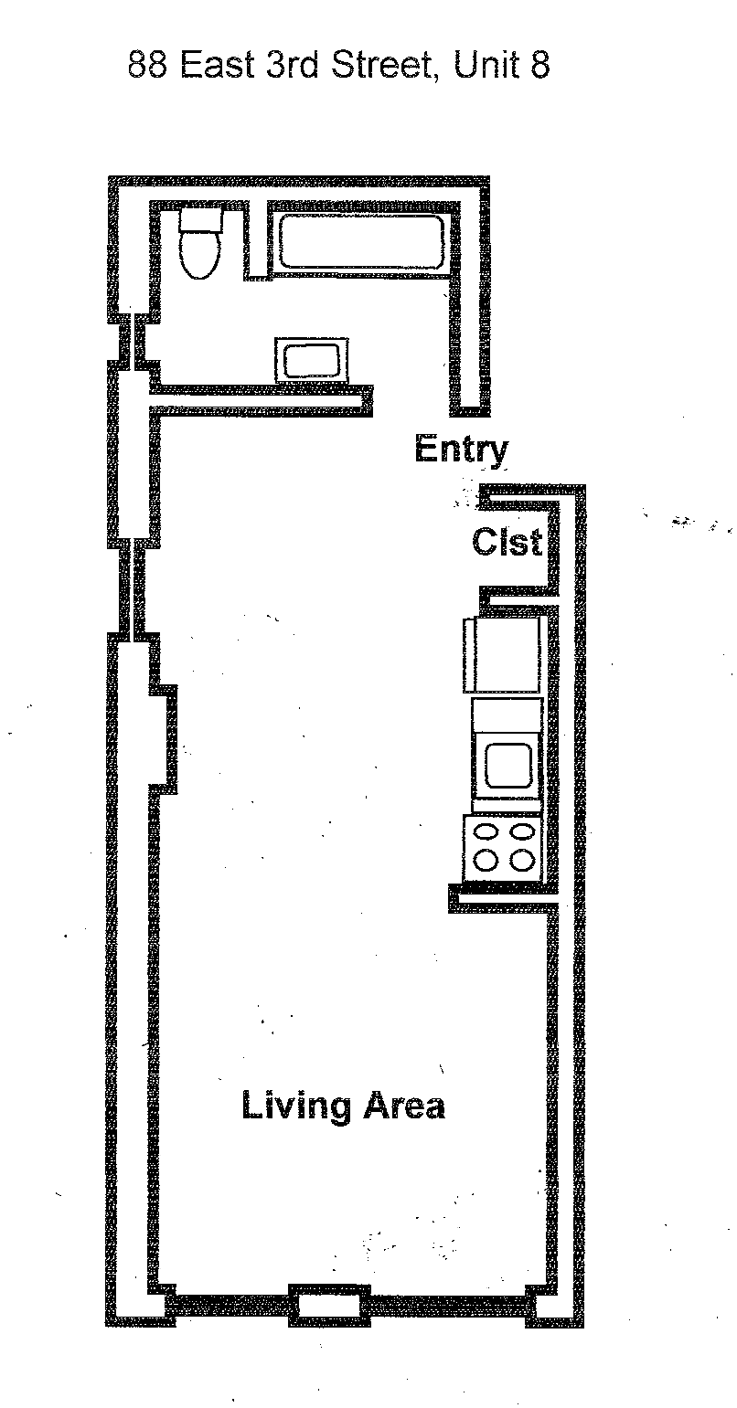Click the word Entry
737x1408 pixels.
pyautogui.click(x=461, y=450)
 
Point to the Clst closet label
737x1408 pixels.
pyautogui.click(x=507, y=543)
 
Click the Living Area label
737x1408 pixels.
pyautogui.click(x=343, y=1106)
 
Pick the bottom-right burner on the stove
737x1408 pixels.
pyautogui.click(x=522, y=861)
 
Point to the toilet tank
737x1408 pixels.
pyautogui.click(x=200, y=219)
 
